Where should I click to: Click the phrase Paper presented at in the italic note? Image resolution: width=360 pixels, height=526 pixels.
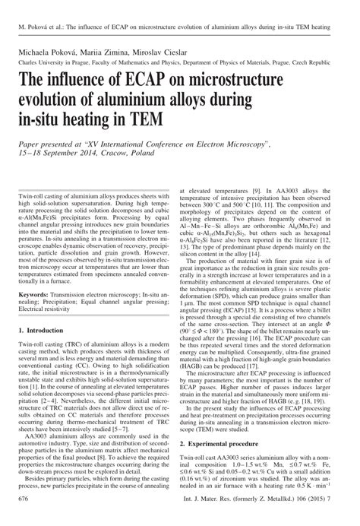coord(55,144)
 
